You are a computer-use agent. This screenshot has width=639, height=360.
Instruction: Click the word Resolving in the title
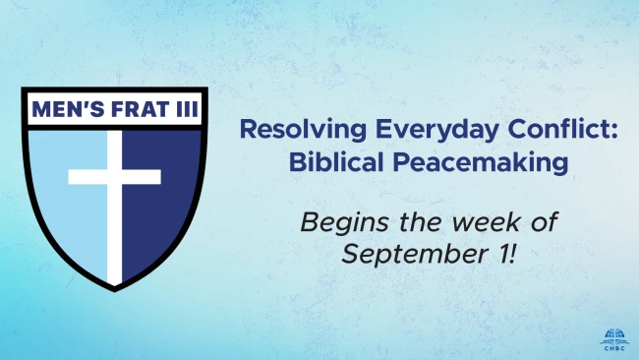[303, 130]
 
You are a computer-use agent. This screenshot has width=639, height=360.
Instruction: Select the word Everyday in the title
[436, 130]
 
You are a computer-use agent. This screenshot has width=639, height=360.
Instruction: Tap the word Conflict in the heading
[558, 128]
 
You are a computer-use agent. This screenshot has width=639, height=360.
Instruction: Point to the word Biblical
[336, 161]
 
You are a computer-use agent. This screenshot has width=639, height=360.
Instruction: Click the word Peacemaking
[481, 163]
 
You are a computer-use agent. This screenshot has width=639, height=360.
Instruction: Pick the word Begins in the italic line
[344, 223]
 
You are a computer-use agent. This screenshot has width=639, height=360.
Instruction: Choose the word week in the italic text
[486, 222]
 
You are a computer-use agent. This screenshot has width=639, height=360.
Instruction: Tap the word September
[415, 255]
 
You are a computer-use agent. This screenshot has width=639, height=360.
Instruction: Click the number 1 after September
[501, 254]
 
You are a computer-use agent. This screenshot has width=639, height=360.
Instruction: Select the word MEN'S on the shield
[68, 109]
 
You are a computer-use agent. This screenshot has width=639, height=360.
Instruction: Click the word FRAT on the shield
[141, 109]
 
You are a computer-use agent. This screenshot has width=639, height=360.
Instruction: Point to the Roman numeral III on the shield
[187, 109]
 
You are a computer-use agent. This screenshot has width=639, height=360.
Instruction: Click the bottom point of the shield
[114, 291]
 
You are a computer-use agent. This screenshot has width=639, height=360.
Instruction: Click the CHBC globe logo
[614, 339]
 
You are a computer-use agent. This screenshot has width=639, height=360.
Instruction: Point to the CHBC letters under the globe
[614, 348]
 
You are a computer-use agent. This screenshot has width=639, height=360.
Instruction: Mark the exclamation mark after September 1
[512, 254]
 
